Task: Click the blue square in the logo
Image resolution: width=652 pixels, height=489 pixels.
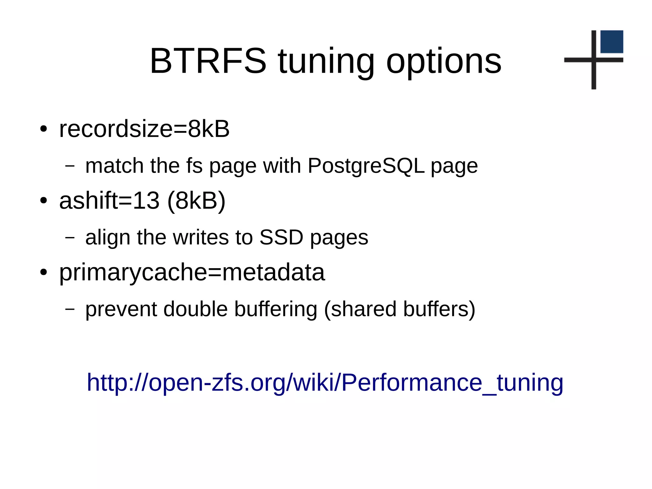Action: (612, 42)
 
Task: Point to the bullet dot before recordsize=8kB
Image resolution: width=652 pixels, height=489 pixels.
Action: (44, 129)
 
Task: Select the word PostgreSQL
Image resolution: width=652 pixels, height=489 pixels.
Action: (366, 166)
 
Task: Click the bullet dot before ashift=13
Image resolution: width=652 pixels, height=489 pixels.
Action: (44, 201)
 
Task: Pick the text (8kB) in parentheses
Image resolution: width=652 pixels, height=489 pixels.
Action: (196, 201)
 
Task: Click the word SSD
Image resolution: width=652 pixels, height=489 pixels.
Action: (281, 237)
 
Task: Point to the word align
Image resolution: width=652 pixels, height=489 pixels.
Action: (108, 238)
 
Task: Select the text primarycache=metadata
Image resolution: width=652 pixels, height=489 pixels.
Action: (192, 272)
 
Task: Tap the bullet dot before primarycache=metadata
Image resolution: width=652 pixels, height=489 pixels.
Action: (44, 273)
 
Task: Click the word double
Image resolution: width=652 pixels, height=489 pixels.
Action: (195, 309)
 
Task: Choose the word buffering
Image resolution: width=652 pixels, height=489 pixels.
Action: (276, 309)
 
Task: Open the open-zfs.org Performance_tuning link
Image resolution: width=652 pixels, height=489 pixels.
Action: (325, 382)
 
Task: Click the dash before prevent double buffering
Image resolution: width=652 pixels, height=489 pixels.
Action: (70, 309)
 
